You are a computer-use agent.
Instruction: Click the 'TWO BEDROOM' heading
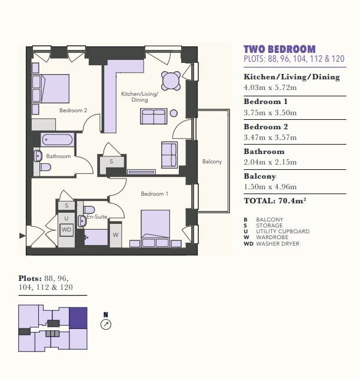pos(279,49)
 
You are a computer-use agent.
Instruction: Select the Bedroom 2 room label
pos(73,110)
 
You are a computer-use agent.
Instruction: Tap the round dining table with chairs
pos(171,81)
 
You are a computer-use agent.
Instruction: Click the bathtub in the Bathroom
pos(57,139)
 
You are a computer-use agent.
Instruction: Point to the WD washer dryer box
pos(66,229)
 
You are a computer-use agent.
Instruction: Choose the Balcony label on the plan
pos(212,162)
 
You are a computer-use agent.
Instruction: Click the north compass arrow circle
pos(106,324)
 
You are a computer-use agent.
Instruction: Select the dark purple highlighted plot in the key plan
pos(78,318)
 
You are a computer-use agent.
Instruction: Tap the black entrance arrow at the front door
pos(22,236)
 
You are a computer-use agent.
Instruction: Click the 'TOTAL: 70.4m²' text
pos(275,200)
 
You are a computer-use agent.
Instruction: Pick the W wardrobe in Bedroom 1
pos(115,234)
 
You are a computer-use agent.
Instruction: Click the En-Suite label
pos(97,217)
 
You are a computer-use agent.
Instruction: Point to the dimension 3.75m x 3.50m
pos(270,113)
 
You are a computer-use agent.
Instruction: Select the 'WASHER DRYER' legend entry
pos(278,244)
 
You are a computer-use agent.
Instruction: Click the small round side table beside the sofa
pos(174,113)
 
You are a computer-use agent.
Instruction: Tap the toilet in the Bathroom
pos(45,167)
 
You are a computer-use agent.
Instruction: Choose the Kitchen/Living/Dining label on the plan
pos(139,97)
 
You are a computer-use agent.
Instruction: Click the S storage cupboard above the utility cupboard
pos(66,206)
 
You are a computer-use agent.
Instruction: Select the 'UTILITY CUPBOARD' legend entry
pos(283,232)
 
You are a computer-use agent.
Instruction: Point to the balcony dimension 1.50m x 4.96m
pos(270,187)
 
